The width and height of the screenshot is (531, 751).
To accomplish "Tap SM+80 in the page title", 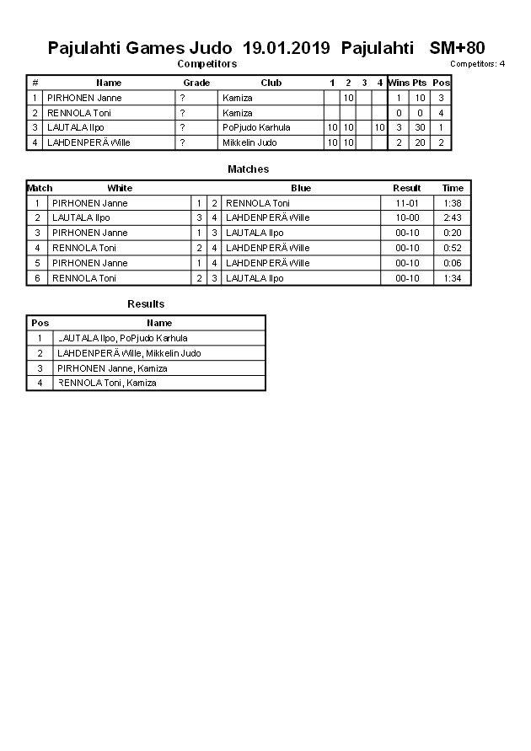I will coord(457,48).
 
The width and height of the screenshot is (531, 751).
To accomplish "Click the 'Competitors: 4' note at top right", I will coord(477,64).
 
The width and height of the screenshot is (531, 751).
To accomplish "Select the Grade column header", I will coord(196,83).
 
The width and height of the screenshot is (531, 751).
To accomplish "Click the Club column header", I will coord(271,83).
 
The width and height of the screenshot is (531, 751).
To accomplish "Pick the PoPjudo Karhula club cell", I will coord(256,128).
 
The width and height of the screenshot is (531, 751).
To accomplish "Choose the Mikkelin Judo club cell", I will coord(249,142).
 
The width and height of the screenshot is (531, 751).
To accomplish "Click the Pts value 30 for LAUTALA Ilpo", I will coord(420,128).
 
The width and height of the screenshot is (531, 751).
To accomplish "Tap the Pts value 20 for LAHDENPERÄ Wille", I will coord(420,142).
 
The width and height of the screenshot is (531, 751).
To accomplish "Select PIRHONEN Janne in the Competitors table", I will coord(84,98).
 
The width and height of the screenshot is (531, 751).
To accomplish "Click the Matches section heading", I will coord(248,169).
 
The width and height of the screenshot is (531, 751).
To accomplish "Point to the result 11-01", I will coord(407,203).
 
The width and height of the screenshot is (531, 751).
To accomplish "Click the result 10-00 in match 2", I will coord(407,217).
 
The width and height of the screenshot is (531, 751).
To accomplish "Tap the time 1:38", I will coord(453,203).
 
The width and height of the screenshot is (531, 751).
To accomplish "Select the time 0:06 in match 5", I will coord(453,263).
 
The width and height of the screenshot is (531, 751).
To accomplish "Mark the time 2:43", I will coord(453,217).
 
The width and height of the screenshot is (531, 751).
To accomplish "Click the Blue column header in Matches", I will coord(301,188).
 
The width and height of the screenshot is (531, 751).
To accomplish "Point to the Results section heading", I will coord(146,304).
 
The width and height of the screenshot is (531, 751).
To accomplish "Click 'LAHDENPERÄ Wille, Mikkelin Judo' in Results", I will coord(129,353).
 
